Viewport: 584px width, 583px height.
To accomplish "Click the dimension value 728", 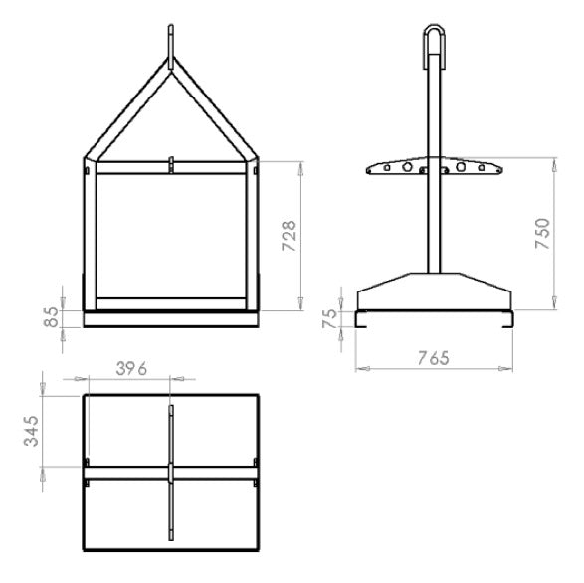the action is [x=290, y=236].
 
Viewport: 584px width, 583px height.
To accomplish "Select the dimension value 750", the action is [x=542, y=234].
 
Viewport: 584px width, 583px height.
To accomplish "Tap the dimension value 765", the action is [x=434, y=358].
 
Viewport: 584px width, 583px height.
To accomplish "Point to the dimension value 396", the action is [x=132, y=369].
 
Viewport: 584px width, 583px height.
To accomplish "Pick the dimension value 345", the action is [x=31, y=431].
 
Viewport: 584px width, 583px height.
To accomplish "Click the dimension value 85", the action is [x=51, y=317].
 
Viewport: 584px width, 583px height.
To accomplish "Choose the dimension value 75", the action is [x=329, y=318].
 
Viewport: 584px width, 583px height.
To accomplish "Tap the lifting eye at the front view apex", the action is [x=171, y=47].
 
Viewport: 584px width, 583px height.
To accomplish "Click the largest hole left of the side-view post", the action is [x=407, y=167].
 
